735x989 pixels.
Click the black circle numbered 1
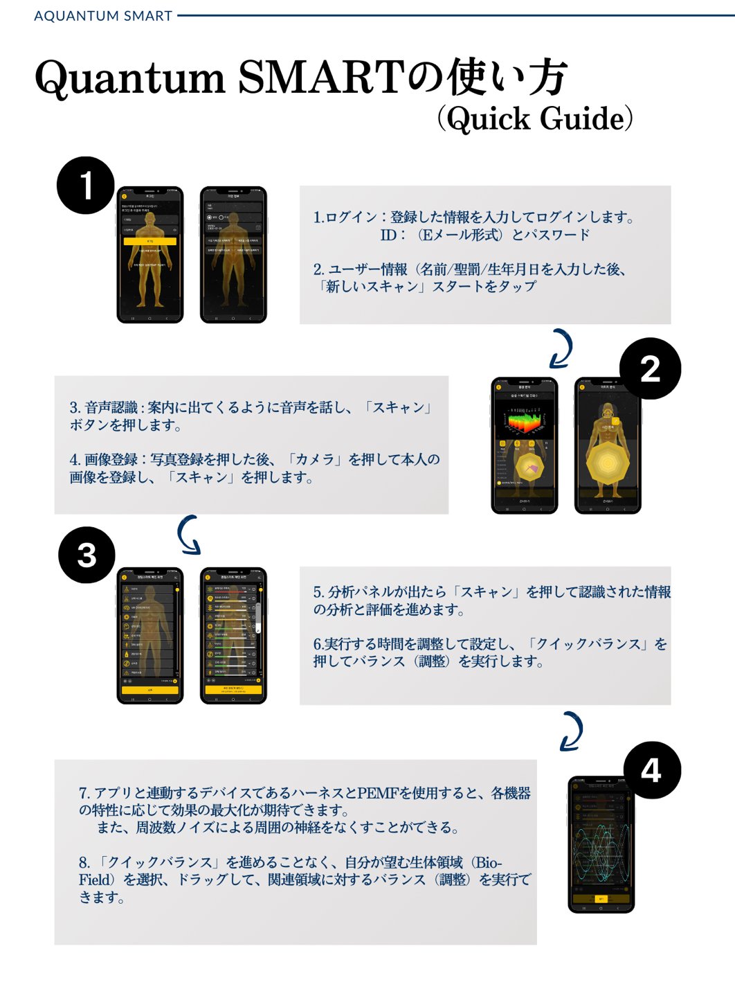pos(86,185)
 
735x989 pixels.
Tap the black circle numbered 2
pos(650,368)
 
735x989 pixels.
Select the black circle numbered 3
pos(87,555)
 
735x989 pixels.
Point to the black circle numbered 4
pos(651,770)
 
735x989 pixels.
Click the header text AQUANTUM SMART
pos(103,16)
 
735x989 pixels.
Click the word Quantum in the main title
pos(130,78)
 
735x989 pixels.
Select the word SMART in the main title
pos(321,78)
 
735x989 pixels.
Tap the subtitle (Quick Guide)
pos(535,118)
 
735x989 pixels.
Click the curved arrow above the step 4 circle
pos(572,731)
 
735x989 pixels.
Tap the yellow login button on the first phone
pos(150,241)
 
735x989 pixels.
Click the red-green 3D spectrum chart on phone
pos(525,420)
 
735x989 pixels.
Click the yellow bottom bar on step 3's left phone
pos(150,690)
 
